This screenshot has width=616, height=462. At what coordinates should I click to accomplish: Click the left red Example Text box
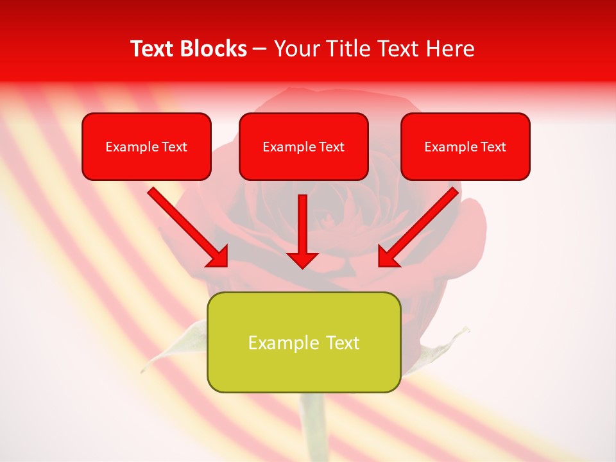[146, 146]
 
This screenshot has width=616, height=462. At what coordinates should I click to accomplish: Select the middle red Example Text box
[304, 146]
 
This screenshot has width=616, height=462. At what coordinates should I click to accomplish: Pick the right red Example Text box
[465, 146]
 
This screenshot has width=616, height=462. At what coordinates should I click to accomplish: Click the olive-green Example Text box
[304, 342]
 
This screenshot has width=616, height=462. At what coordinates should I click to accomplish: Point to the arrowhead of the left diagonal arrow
[219, 257]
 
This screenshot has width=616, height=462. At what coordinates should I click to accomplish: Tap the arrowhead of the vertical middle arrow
[302, 259]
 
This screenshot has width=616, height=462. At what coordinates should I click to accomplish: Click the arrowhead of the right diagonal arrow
[387, 257]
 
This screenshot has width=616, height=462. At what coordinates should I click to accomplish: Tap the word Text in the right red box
[493, 147]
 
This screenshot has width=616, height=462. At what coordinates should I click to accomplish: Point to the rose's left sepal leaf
[173, 346]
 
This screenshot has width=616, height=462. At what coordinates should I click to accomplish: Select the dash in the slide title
[260, 49]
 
